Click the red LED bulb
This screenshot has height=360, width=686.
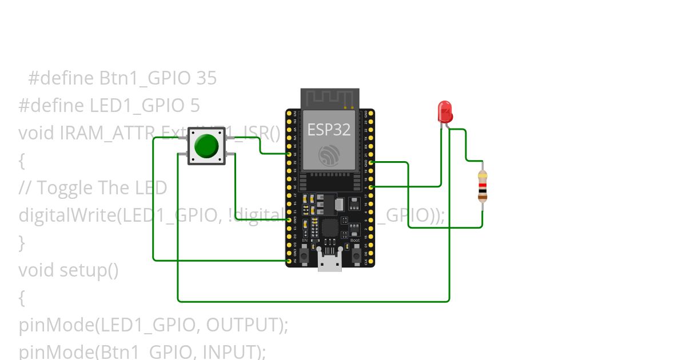pyautogui.click(x=444, y=111)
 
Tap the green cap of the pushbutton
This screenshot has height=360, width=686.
pyautogui.click(x=206, y=146)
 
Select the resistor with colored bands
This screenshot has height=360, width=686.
pyautogui.click(x=482, y=186)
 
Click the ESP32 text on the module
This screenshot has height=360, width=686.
pyautogui.click(x=329, y=129)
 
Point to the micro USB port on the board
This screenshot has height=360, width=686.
pyautogui.click(x=330, y=263)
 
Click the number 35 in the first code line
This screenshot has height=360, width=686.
pyautogui.click(x=206, y=78)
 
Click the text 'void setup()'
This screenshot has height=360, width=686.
pyautogui.click(x=68, y=270)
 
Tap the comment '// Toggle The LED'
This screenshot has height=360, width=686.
pyautogui.click(x=93, y=187)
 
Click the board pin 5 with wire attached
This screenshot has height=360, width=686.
pyautogui.click(x=372, y=187)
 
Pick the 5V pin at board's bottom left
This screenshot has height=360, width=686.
pyautogui.click(x=289, y=261)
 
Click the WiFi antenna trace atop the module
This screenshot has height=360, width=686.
pyautogui.click(x=330, y=98)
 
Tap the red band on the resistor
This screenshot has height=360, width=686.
pyautogui.click(x=482, y=186)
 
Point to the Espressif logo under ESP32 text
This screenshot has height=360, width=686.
pyautogui.click(x=330, y=155)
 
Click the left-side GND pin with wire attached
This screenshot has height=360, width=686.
pyautogui.click(x=289, y=219)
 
